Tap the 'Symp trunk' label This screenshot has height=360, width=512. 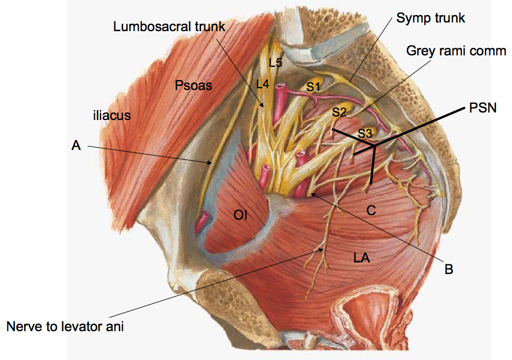(x=430, y=18)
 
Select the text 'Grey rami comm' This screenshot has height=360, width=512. (x=456, y=50)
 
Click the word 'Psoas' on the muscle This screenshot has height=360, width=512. (x=193, y=86)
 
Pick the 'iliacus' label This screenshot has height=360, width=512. (x=111, y=115)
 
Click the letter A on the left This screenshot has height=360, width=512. (x=76, y=147)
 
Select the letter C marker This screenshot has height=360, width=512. (x=371, y=211)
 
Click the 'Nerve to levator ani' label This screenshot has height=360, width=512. (x=65, y=327)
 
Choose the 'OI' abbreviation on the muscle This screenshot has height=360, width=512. (x=240, y=216)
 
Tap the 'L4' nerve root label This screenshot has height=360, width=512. (x=263, y=84)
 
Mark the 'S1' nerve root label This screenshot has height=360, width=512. (x=313, y=87)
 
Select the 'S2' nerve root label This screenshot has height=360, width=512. (x=339, y=112)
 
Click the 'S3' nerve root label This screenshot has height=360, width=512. (x=365, y=133)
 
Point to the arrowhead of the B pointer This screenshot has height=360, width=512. (x=309, y=193)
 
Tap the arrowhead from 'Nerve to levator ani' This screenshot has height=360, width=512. (x=324, y=249)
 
